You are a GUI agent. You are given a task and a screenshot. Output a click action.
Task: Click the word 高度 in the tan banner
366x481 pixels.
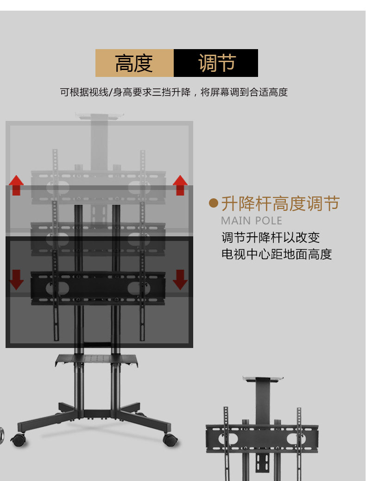(x=134, y=63)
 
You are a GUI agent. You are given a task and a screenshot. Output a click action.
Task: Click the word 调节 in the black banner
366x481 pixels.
(x=217, y=63)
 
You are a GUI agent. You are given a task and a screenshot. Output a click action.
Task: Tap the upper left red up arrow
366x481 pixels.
(x=16, y=185)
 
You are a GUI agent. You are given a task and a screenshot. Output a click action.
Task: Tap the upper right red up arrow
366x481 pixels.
(x=180, y=185)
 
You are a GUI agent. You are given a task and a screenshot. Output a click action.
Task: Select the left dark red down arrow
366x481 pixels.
(x=16, y=279)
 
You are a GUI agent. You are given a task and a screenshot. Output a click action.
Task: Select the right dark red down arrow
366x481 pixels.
(x=180, y=279)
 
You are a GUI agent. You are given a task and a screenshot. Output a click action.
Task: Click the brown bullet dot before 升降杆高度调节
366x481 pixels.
(x=214, y=203)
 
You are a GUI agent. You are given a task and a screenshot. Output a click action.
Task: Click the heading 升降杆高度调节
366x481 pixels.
(x=280, y=203)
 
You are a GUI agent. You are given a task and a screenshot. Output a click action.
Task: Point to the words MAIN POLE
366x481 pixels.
(x=252, y=220)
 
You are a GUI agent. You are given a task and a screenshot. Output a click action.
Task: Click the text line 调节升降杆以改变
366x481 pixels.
(x=271, y=238)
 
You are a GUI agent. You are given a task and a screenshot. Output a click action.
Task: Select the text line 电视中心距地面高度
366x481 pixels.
(x=277, y=254)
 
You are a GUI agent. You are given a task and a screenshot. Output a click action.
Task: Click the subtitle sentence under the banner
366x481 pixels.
(x=174, y=92)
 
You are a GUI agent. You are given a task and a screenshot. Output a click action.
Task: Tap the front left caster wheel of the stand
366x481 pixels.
(x=19, y=440)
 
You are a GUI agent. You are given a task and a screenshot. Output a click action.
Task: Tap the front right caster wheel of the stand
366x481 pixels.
(x=170, y=440)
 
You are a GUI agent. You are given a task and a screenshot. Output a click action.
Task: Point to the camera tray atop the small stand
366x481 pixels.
(x=263, y=380)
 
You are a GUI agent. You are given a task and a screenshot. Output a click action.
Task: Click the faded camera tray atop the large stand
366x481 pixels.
(x=100, y=115)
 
